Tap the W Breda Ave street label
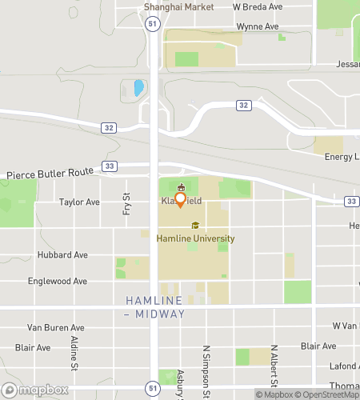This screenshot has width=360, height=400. [x=258, y=6]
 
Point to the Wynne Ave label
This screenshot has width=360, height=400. [x=258, y=26]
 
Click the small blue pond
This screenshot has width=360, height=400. [x=139, y=87]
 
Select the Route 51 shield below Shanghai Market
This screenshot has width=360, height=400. [x=153, y=25]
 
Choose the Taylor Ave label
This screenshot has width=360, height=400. [x=79, y=202]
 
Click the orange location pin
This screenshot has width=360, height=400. [x=181, y=198]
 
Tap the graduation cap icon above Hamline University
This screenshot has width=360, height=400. [x=195, y=226]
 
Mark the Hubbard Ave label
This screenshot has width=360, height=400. [x=62, y=254]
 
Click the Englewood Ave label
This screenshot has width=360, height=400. [x=58, y=282]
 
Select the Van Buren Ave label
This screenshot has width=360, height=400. [x=56, y=327]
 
